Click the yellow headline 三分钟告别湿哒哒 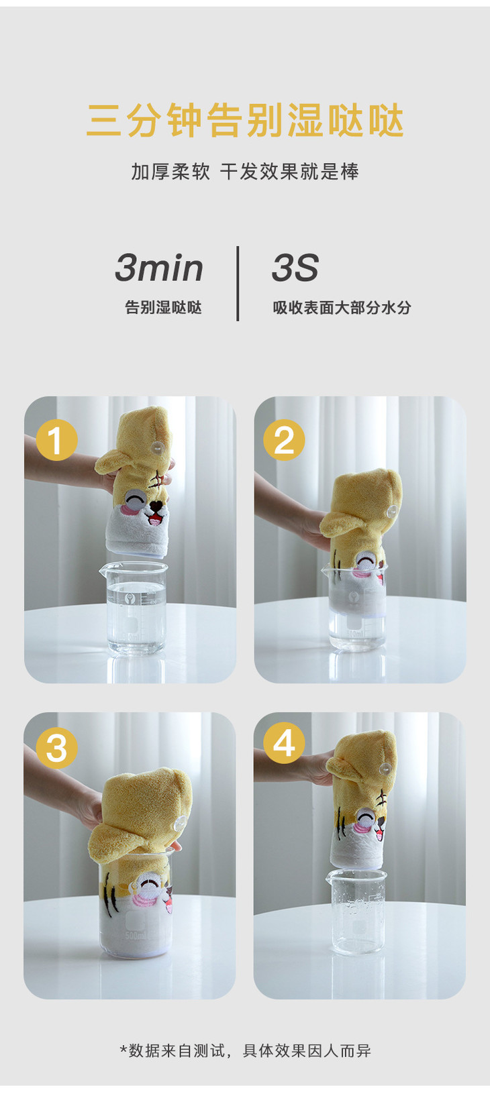coord(245,120)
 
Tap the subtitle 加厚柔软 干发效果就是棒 coord(245,172)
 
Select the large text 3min coord(158,268)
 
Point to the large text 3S coord(295,268)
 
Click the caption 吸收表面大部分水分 coord(342,308)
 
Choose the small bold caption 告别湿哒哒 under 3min coord(163,308)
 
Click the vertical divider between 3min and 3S coord(238,284)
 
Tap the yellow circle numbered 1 coord(57,439)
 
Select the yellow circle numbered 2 coord(284,439)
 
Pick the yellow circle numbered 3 coord(57,748)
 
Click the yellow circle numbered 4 coord(284,742)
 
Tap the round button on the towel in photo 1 coord(157,447)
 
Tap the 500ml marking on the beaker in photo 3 coord(135,936)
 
